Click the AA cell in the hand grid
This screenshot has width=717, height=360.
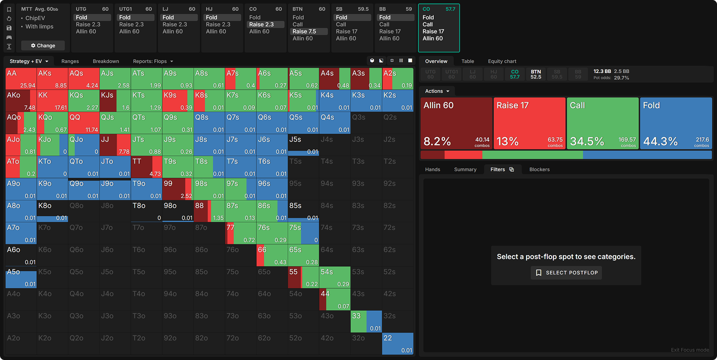coord(21,78)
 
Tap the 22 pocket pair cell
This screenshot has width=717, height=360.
coord(397,343)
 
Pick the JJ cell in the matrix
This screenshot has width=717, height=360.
coord(115,145)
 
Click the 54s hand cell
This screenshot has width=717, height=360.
coord(334,277)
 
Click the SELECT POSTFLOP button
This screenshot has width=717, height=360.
coord(566,273)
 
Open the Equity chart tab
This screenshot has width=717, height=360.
coord(502,61)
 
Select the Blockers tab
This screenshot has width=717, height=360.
coord(539,169)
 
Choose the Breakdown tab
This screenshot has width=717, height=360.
coord(106,61)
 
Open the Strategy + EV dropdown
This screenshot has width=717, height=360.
coord(29,61)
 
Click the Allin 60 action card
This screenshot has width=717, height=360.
coord(456,123)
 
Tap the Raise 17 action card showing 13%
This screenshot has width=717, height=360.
coord(529,123)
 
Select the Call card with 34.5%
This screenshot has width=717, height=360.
coord(602,123)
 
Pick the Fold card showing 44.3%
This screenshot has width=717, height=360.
coord(676,123)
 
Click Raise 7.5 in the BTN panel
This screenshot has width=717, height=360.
coord(304,31)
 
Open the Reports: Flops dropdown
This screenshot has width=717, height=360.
coord(153,61)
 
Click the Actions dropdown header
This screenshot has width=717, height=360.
coord(437,91)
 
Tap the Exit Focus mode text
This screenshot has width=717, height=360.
coord(690,350)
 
